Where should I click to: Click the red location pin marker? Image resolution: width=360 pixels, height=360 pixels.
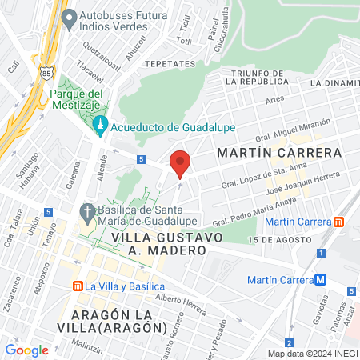tap(180, 162)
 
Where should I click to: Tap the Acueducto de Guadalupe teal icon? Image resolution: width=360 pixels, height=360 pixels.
tap(100, 125)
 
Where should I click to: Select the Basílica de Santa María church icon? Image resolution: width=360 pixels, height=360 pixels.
tap(87, 212)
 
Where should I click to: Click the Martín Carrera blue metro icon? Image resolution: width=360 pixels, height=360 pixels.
tap(320, 279)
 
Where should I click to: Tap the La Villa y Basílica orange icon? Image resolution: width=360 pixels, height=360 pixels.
tap(78, 286)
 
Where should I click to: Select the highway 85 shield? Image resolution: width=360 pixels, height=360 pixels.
tap(48, 73)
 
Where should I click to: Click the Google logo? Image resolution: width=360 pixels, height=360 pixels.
tap(26, 350)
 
